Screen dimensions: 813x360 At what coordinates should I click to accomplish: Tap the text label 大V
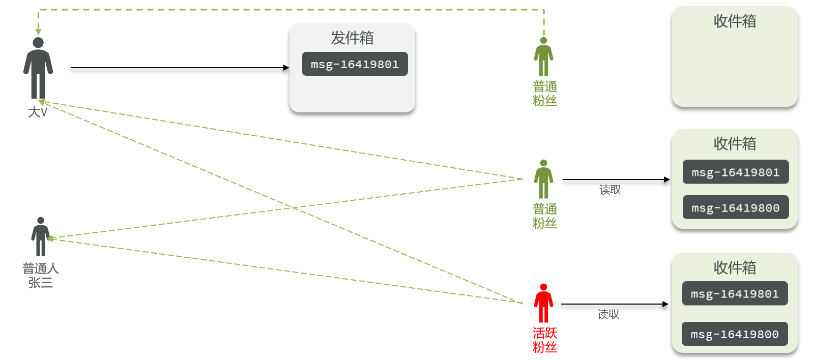point(38,112)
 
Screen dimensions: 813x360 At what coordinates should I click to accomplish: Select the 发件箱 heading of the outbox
point(352,38)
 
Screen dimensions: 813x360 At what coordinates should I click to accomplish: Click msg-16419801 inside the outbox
point(355,64)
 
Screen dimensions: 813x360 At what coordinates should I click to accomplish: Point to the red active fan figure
point(543,303)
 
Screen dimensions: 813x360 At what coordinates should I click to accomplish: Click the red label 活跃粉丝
point(545,340)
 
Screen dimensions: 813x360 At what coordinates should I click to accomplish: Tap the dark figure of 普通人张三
point(41,236)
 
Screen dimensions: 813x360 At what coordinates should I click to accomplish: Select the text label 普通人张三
point(41,276)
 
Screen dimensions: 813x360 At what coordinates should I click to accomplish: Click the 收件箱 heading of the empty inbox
point(735,21)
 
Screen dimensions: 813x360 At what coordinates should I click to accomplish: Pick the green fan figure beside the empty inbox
point(543,56)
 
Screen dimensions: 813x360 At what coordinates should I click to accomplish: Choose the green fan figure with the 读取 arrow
point(543,179)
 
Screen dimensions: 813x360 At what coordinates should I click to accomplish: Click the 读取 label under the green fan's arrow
point(610,190)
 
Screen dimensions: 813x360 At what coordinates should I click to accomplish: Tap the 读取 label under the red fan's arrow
point(608,314)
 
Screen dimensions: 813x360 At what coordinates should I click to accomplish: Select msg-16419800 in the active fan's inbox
point(735,334)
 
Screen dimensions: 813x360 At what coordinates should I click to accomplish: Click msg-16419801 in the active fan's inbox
point(735,293)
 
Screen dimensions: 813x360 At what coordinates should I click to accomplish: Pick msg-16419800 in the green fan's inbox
point(736,207)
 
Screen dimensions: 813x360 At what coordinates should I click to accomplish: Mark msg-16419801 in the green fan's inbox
point(736,172)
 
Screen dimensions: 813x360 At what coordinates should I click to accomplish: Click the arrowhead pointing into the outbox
point(286,68)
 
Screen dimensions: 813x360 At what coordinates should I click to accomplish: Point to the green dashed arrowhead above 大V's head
point(38,32)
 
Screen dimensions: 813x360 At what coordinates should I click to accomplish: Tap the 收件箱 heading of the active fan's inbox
point(735,268)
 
